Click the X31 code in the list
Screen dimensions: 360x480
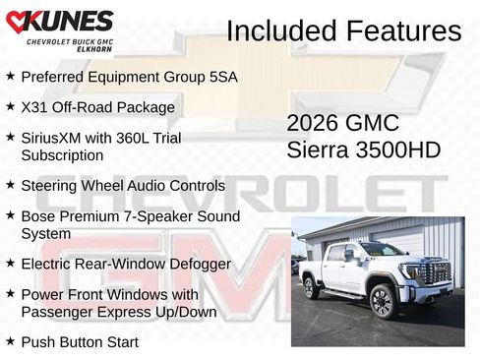click(x=34, y=106)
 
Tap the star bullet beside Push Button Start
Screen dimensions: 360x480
click(x=10, y=340)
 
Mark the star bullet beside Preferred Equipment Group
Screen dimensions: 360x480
click(x=10, y=76)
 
